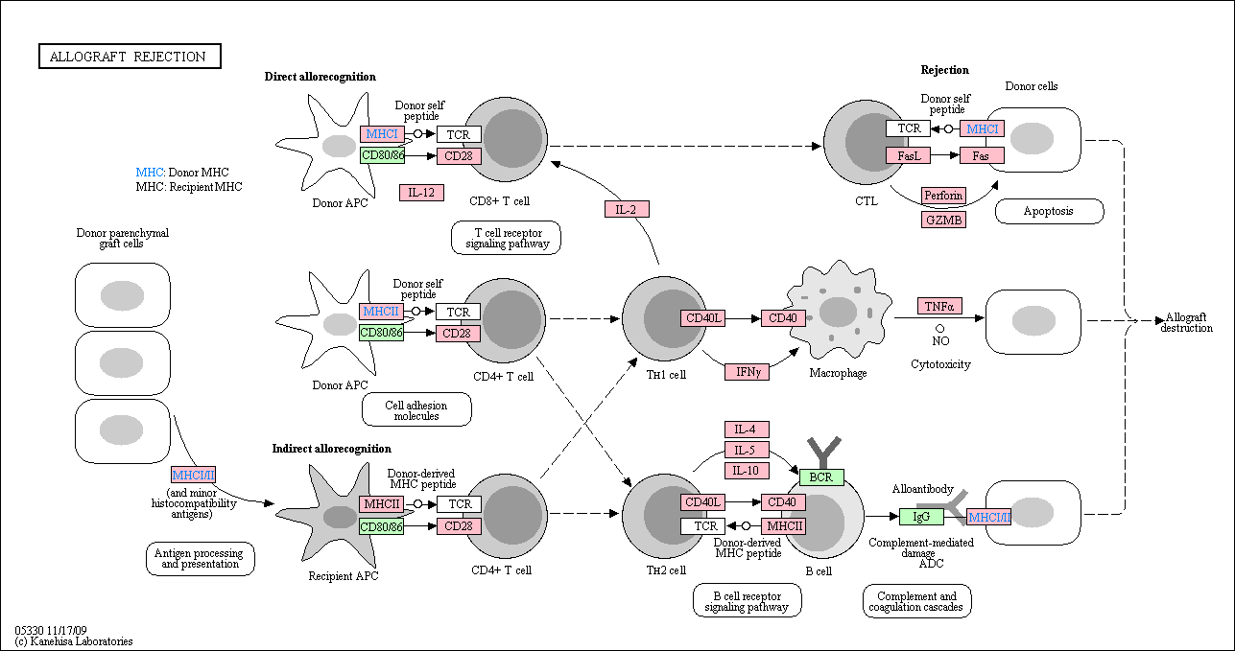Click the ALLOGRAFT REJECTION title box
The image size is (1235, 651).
(131, 57)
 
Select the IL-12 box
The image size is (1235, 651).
(421, 193)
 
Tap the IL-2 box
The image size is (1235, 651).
(627, 209)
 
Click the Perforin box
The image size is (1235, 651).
(943, 196)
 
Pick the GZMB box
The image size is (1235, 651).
(943, 220)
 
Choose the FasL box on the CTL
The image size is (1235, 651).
(908, 156)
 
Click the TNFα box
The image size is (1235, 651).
(939, 306)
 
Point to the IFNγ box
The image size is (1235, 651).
(748, 372)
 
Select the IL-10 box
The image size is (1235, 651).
(747, 471)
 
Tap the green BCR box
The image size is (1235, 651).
(821, 477)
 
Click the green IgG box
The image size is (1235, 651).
(921, 517)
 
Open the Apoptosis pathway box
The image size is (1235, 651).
(1049, 211)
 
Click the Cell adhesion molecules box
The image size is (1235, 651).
(416, 409)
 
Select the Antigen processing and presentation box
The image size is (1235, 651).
(201, 559)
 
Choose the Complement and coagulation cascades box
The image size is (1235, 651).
(916, 601)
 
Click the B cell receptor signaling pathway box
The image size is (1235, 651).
(748, 601)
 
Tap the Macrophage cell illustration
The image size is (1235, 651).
(838, 312)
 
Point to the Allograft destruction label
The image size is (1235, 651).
(1186, 323)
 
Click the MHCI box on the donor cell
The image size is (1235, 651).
(982, 128)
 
